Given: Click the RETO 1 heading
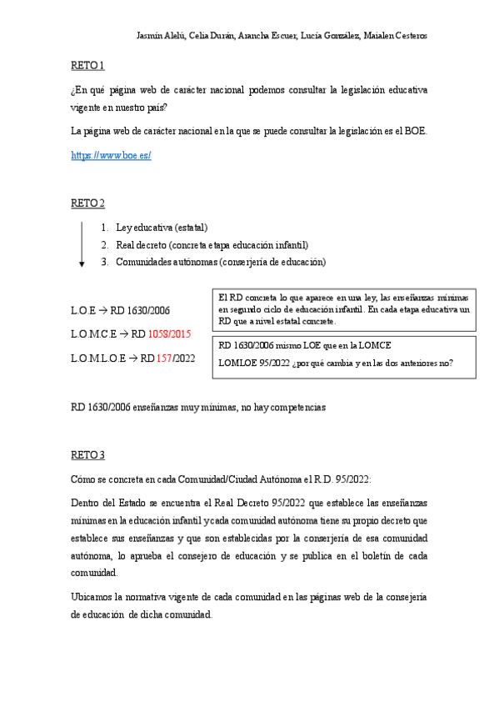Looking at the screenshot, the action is (x=87, y=65).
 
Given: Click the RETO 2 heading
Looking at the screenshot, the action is (x=87, y=203).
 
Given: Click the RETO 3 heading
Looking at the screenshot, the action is (x=87, y=455).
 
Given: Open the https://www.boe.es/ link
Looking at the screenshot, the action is (x=111, y=155).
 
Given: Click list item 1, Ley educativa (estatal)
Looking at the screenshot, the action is (x=162, y=228).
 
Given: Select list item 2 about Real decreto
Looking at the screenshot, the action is (x=212, y=245).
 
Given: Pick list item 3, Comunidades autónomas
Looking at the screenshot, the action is (x=221, y=262).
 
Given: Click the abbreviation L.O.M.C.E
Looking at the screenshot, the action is (x=94, y=334).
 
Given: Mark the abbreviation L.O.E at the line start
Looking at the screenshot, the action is (x=84, y=310).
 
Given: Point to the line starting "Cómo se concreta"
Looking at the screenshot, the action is (x=221, y=480).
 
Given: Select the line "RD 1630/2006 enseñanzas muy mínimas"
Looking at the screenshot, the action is (x=197, y=408).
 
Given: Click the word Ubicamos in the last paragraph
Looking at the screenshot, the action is (x=92, y=598).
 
